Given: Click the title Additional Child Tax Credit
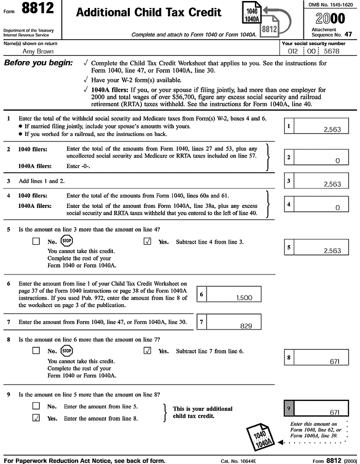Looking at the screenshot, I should pyautogui.click(x=148, y=13).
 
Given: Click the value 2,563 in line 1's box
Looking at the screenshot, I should pyautogui.click(x=332, y=129).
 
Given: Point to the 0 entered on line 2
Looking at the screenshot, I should pyautogui.click(x=337, y=161).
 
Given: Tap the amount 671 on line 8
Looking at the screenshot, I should pyautogui.click(x=335, y=362).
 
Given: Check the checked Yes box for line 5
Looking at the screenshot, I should pyautogui.click(x=147, y=242).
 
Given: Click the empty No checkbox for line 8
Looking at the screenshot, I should pyautogui.click(x=36, y=351).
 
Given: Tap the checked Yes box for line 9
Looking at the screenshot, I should pyautogui.click(x=36, y=418).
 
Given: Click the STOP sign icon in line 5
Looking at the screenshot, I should pyautogui.click(x=67, y=242).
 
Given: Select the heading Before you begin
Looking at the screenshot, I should pyautogui.click(x=38, y=64).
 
